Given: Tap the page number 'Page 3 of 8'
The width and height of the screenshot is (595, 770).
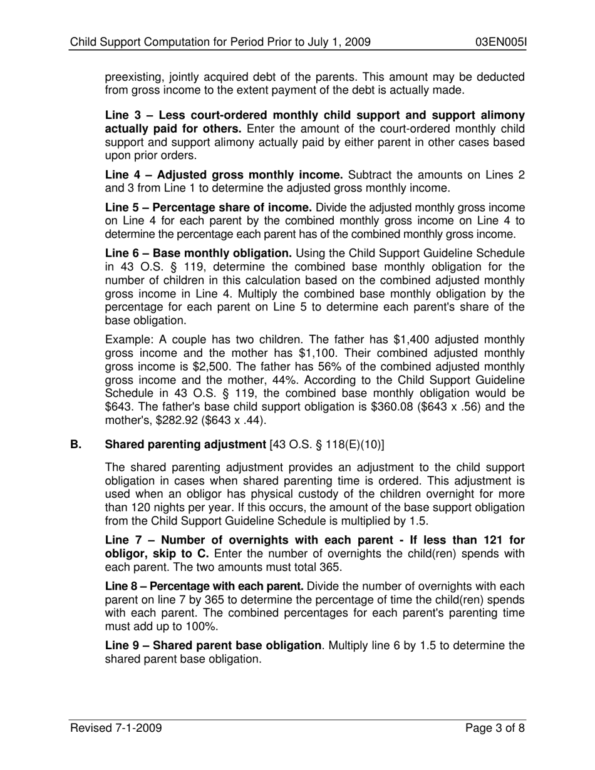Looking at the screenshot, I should [495, 728].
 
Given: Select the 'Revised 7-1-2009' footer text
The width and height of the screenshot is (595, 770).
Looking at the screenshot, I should [116, 728].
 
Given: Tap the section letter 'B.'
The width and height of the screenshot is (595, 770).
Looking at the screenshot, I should [76, 445].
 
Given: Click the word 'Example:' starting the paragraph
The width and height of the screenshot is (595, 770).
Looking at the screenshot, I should [128, 339].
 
